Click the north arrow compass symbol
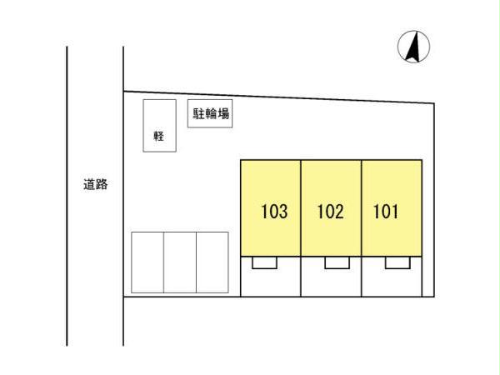coord(413,47)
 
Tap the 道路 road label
coord(95,184)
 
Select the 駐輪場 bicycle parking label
coord(211,113)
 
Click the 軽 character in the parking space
coord(159,136)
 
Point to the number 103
coord(274,212)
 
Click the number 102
coord(331,212)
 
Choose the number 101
coord(386,212)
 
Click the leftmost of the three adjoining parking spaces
coord(147,262)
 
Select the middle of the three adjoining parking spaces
coord(180,262)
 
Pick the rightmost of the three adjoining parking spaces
coord(212,262)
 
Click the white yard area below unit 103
coord(270,283)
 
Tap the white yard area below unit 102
coord(331,283)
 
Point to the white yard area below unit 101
coord(392,283)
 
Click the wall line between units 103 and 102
coord(301,207)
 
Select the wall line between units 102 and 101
coord(362,207)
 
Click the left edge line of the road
coord(67,196)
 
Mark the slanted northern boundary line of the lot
coord(278,97)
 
